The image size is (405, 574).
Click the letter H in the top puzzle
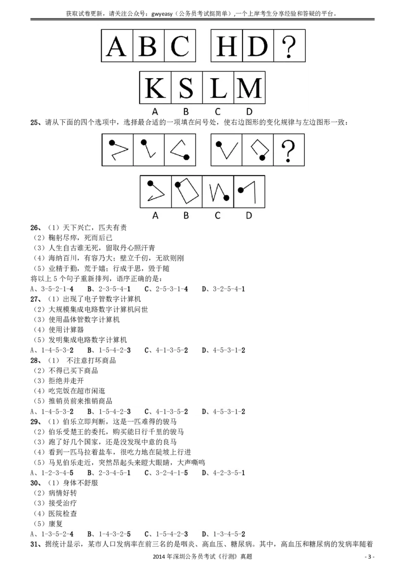(x=227, y=46)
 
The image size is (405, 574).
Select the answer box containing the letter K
(x=155, y=88)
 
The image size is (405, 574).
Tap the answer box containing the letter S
(x=186, y=88)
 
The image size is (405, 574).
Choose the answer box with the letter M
(x=249, y=88)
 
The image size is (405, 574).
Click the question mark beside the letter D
(x=289, y=46)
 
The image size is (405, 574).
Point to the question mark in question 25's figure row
(x=288, y=150)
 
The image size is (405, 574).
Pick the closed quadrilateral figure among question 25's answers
(x=186, y=191)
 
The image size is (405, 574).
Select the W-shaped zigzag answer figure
(x=218, y=192)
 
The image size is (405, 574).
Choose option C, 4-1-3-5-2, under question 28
(x=167, y=411)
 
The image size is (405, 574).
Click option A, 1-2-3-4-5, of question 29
(x=52, y=473)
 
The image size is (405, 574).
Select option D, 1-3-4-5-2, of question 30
(x=223, y=534)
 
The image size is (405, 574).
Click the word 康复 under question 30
(x=55, y=524)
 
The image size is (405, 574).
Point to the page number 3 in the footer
(x=369, y=557)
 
